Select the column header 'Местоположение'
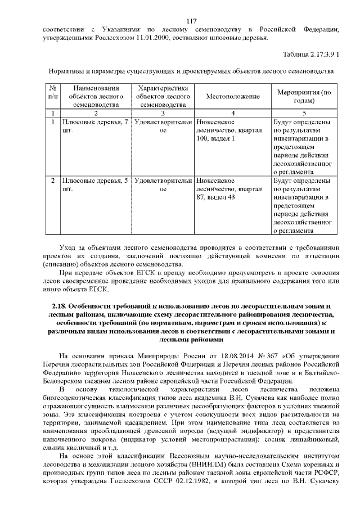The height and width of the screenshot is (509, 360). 232,96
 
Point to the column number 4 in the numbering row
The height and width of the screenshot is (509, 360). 232,113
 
